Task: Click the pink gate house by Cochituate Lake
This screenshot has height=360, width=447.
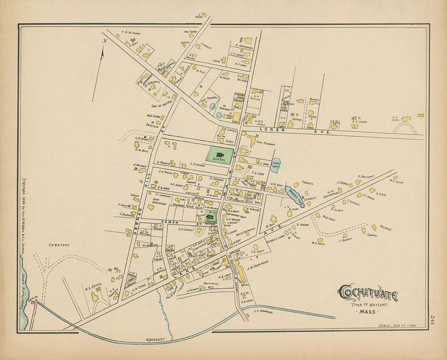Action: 33,303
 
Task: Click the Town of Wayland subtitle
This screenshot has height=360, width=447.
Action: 369,304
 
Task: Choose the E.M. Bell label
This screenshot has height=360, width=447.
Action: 141,150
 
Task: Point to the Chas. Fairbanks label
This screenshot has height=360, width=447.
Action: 265,143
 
